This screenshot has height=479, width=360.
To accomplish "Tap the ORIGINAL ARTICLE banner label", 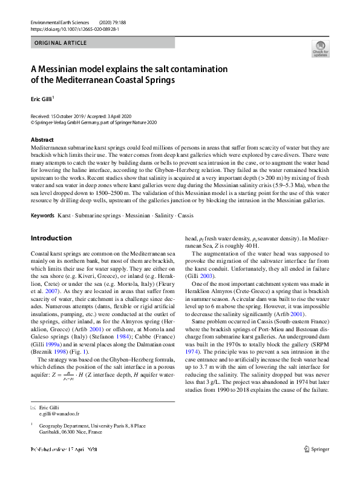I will tap(60, 42).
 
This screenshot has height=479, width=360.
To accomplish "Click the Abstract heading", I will tap(42, 140).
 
